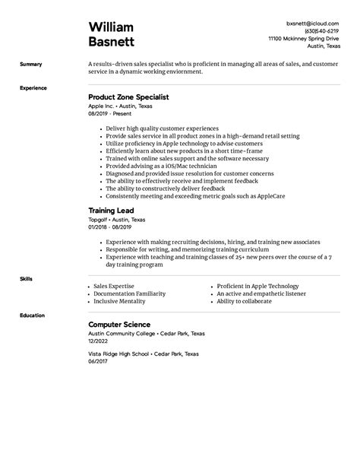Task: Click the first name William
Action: click(112, 27)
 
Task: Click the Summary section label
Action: click(31, 65)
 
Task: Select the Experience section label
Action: click(33, 88)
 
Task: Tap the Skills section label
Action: click(27, 279)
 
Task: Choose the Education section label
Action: click(33, 315)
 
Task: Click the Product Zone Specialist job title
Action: click(128, 97)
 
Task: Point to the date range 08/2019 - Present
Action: click(110, 113)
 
